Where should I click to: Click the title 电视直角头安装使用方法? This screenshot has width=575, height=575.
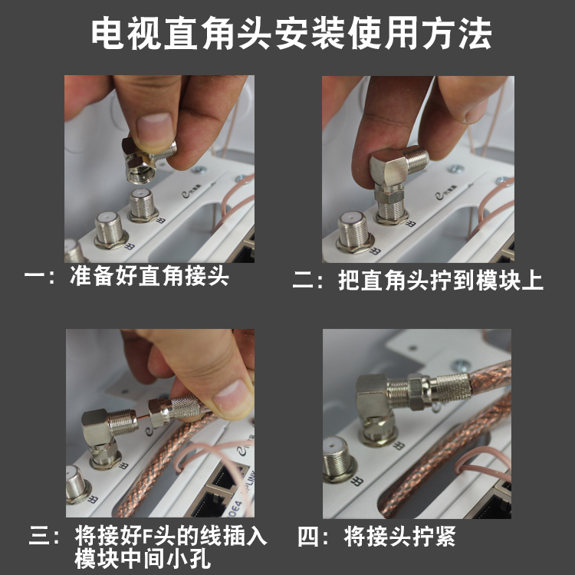[x=291, y=34]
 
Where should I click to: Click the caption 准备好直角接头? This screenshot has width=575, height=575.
[x=149, y=276]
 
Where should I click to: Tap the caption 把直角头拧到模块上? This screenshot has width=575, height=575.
[x=440, y=281]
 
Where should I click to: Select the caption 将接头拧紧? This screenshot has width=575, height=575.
[x=399, y=537]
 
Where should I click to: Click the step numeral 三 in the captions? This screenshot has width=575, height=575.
[x=39, y=537]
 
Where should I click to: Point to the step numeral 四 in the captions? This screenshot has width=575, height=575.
[x=307, y=537]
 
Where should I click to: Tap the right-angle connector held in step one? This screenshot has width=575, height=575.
[x=146, y=159]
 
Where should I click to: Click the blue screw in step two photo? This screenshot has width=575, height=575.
[x=455, y=169]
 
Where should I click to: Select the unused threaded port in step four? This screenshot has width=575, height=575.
[x=336, y=458]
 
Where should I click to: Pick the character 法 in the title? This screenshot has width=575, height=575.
[x=475, y=34]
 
